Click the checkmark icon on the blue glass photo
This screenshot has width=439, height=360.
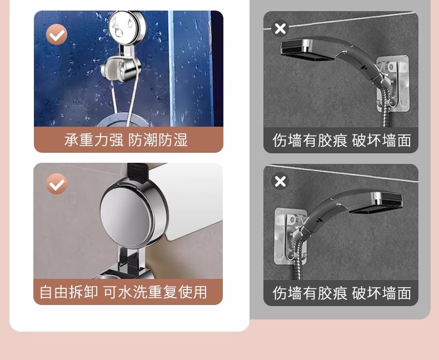(57, 34)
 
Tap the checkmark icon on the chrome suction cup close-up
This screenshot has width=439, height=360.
(57, 184)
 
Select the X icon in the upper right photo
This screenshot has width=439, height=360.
(281, 28)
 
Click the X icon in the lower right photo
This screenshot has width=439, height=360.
(281, 181)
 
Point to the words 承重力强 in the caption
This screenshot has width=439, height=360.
(93, 140)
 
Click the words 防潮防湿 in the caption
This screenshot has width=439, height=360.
(158, 140)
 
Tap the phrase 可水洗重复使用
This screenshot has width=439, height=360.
(155, 292)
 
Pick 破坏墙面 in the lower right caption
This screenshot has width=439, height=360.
(382, 293)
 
